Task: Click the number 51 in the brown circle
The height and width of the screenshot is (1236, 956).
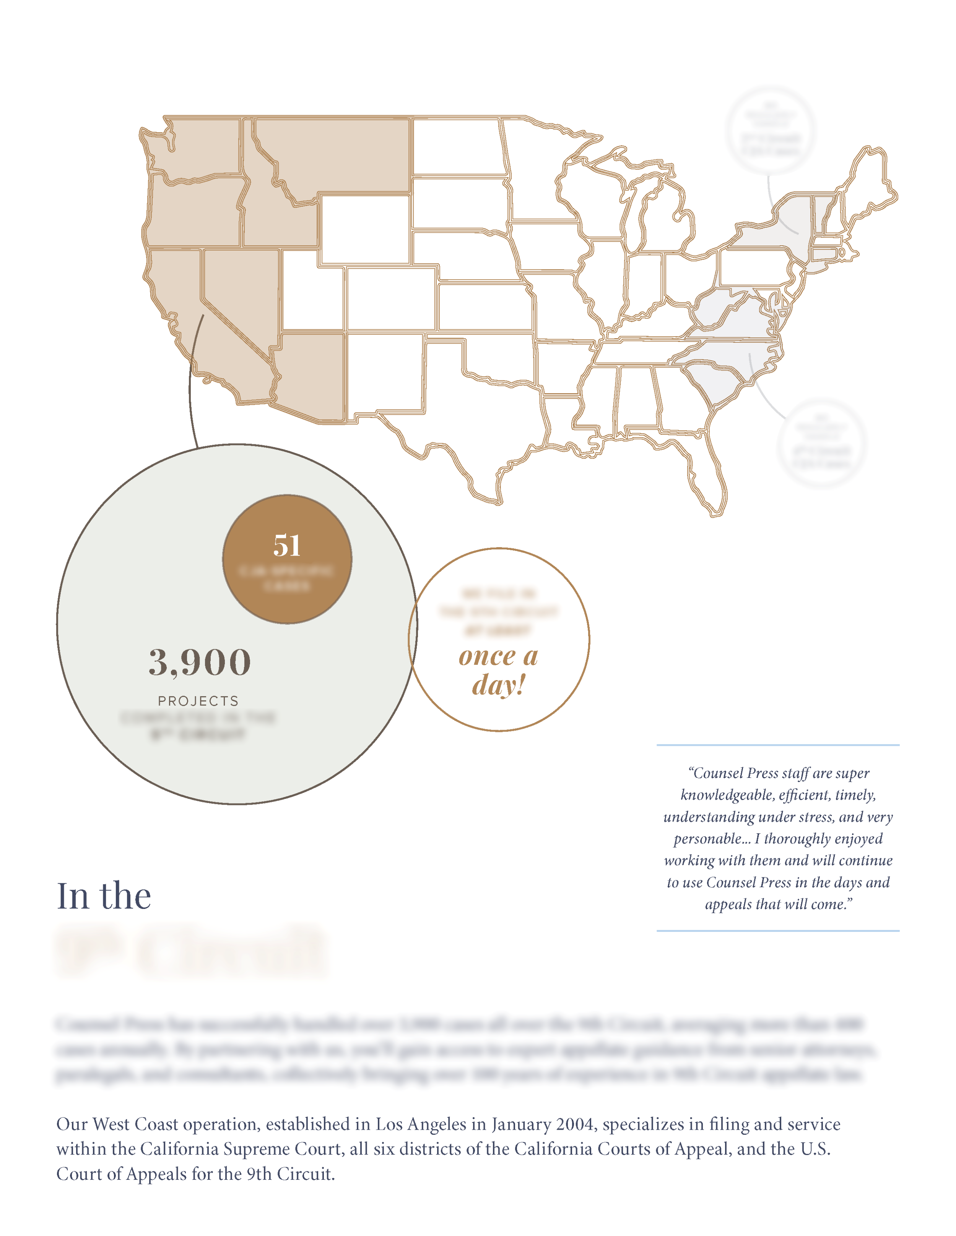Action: click(x=286, y=546)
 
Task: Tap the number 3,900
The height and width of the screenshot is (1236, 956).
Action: click(x=199, y=662)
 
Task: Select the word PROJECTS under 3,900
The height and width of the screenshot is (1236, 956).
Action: click(x=198, y=701)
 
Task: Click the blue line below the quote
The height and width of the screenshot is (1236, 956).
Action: click(x=777, y=930)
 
